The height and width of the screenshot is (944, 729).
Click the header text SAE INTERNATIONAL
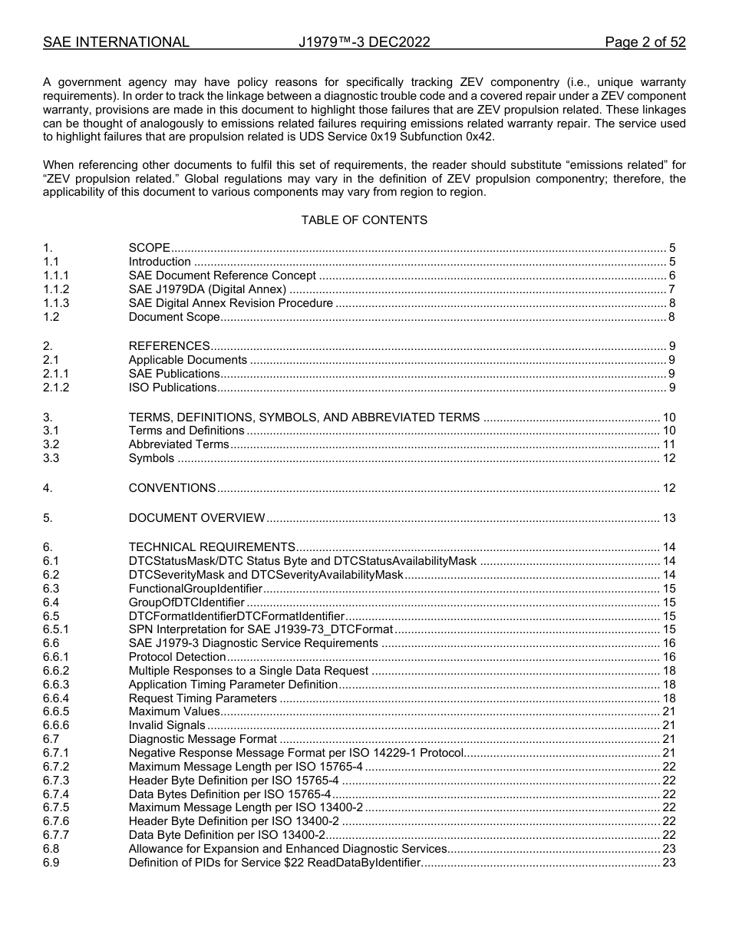[x=116, y=42]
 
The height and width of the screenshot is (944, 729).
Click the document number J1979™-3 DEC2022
[x=364, y=42]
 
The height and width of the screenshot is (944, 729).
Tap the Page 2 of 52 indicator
[x=645, y=42]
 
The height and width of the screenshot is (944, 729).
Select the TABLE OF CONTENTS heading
[x=364, y=220]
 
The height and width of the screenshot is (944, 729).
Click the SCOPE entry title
[x=149, y=248]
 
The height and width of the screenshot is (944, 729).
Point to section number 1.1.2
[x=56, y=289]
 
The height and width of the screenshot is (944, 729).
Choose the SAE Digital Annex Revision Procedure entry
[x=230, y=303]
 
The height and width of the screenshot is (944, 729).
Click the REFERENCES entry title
[x=169, y=346]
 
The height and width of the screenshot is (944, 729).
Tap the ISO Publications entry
[x=173, y=388]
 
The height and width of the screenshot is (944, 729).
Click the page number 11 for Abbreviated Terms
[x=668, y=444]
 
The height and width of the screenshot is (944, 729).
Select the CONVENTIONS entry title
[x=172, y=488]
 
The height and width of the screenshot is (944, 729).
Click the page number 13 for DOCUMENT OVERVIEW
[x=668, y=518]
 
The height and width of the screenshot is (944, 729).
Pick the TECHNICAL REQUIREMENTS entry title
[x=212, y=547]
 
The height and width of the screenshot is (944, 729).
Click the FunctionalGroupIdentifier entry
[x=195, y=589]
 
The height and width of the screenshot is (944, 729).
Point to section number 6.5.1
[x=56, y=630]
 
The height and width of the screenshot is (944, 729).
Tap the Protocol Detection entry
[x=177, y=657]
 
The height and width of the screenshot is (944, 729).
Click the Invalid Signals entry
[x=167, y=725]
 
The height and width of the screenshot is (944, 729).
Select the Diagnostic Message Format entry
[x=203, y=739]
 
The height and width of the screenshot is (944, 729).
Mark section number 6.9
[x=51, y=863]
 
